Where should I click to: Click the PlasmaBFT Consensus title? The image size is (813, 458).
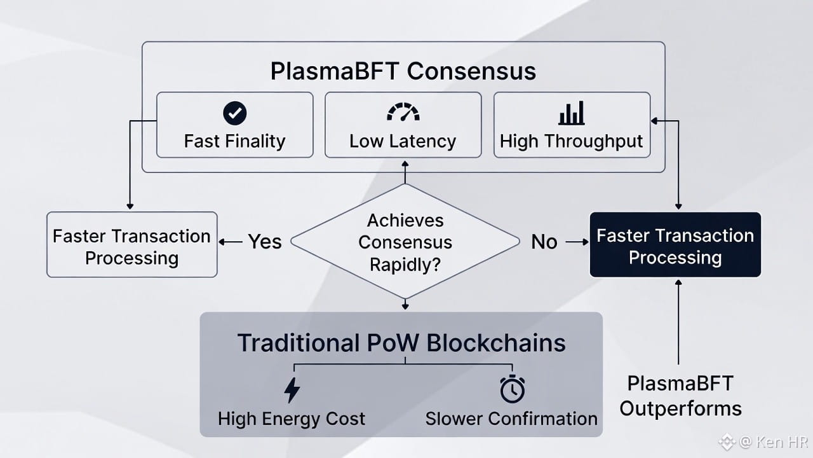tap(403, 71)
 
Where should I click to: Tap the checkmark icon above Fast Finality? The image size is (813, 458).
tap(235, 113)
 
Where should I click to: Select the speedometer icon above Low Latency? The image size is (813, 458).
tap(403, 113)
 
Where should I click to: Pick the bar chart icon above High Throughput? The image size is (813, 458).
tap(572, 113)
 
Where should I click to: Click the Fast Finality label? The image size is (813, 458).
tap(234, 141)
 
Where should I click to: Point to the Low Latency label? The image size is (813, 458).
tap(403, 141)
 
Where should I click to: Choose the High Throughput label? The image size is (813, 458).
tap(572, 141)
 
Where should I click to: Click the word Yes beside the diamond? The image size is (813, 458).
tap(264, 242)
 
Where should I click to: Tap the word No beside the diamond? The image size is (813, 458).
tap(544, 242)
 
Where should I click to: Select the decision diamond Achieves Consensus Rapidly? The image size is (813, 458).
tap(405, 242)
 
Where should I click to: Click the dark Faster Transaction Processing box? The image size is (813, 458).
tap(675, 246)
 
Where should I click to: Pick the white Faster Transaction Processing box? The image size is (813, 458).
tap(132, 246)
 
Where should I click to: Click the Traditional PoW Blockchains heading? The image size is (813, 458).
tap(401, 343)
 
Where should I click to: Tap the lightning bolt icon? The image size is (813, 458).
tap(292, 389)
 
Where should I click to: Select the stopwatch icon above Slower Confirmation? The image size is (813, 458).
tap(512, 389)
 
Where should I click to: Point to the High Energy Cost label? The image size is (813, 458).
tap(292, 419)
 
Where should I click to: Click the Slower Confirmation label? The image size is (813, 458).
tap(511, 419)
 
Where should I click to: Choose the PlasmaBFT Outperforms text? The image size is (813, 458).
tap(680, 396)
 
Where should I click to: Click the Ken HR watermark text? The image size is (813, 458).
tap(770, 441)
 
